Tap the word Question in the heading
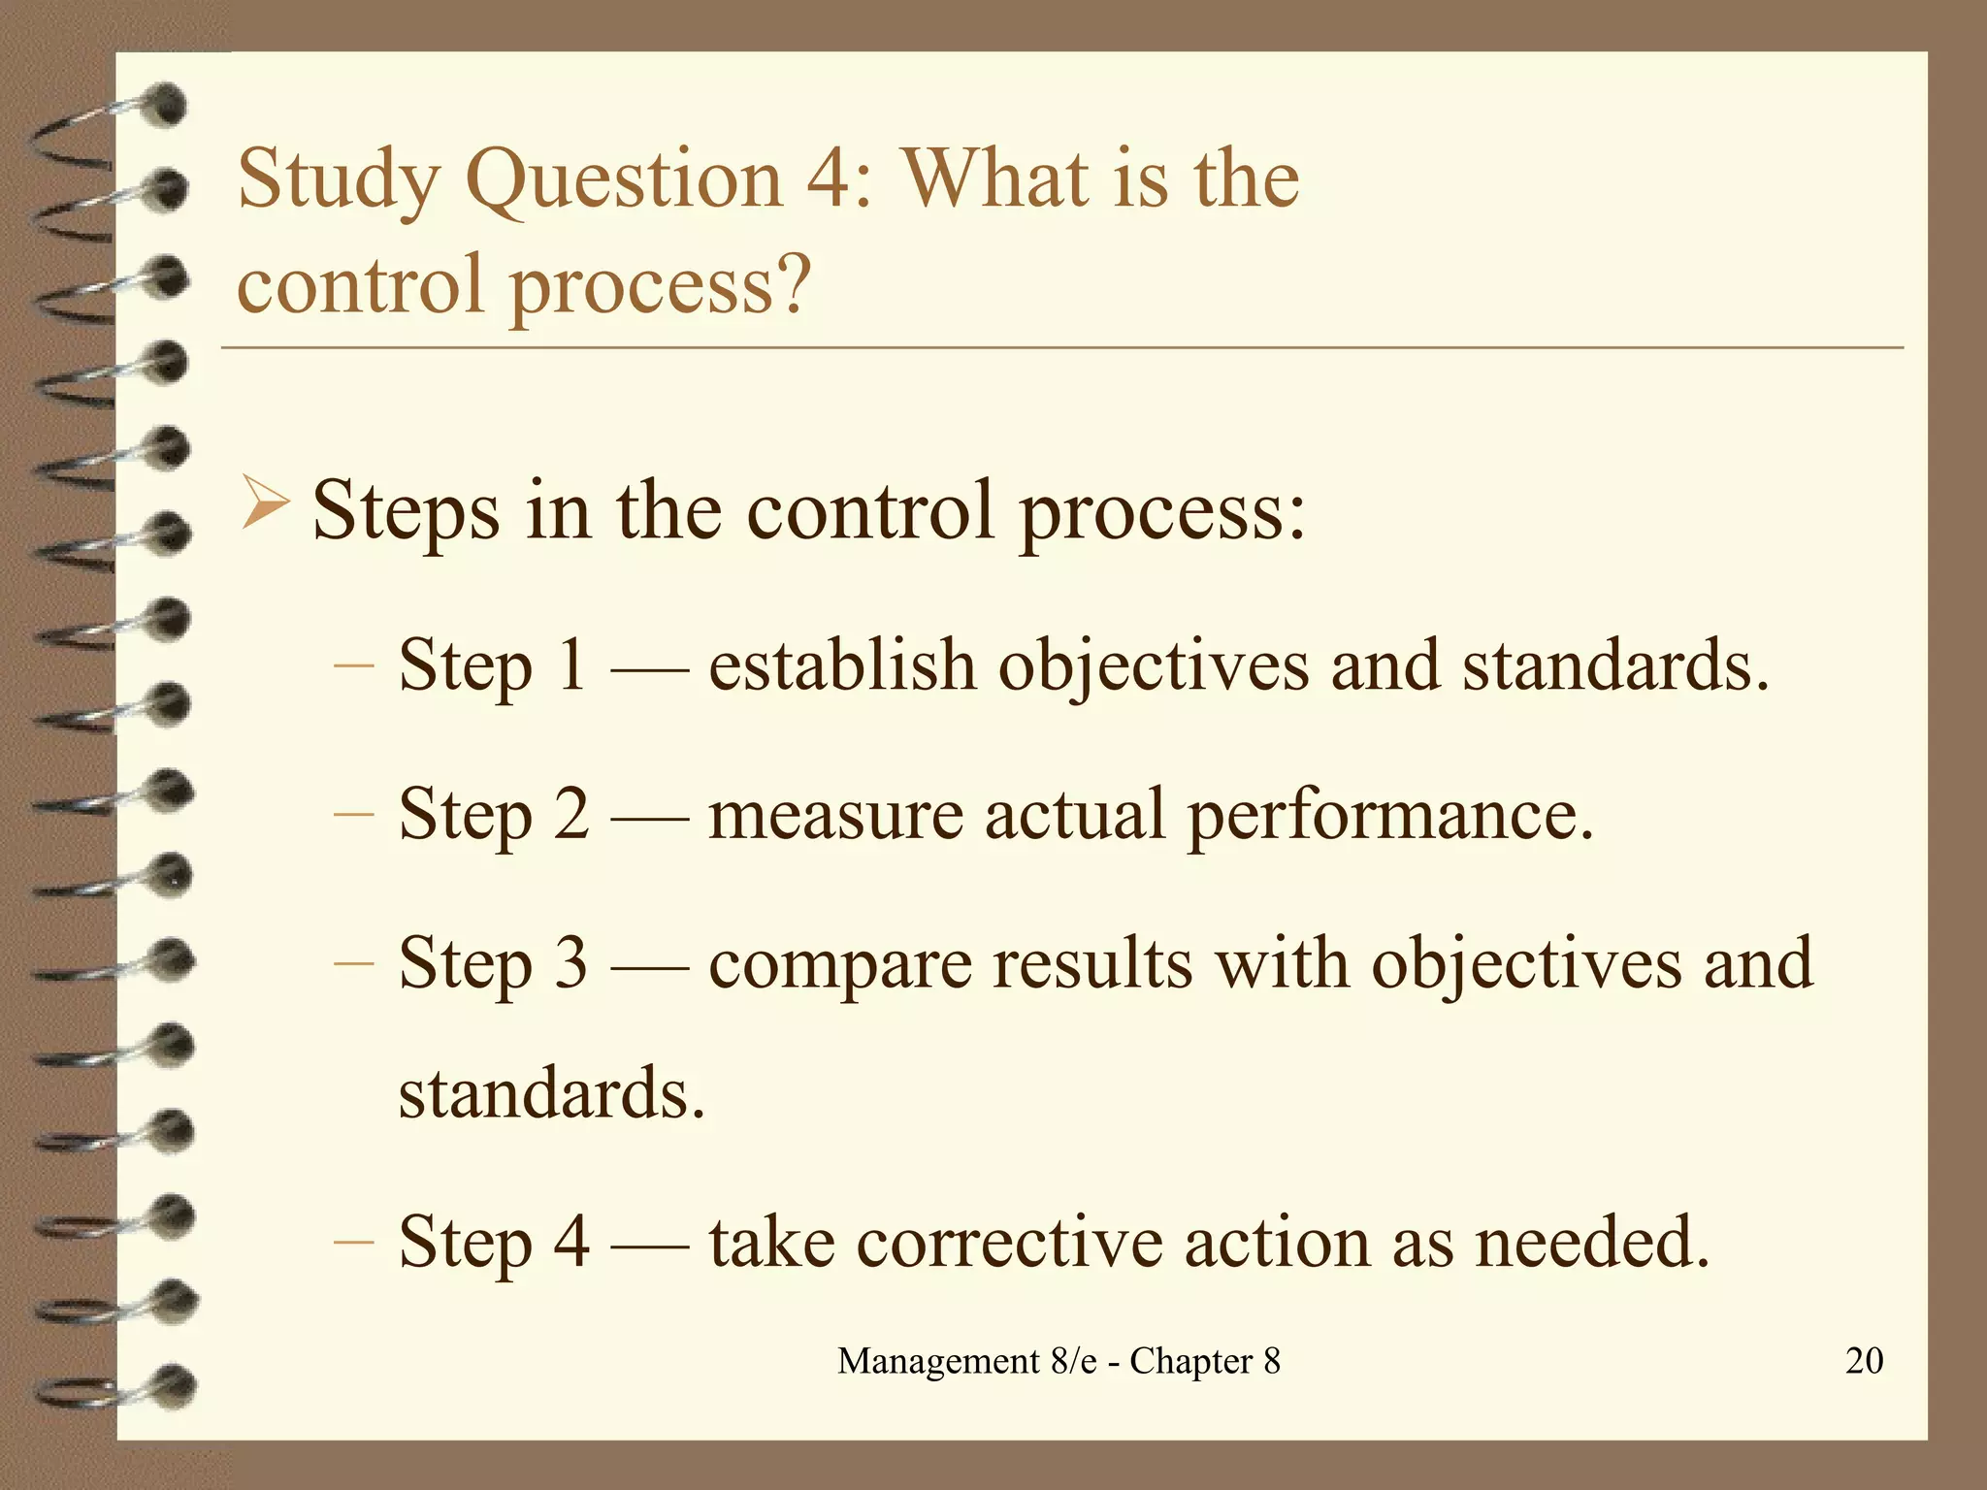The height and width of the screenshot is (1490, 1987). pyautogui.click(x=624, y=180)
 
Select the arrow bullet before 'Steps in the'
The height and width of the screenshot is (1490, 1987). pyautogui.click(x=265, y=504)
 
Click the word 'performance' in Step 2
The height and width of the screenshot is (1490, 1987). pyautogui.click(x=1389, y=814)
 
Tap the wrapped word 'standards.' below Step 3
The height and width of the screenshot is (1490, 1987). pyautogui.click(x=551, y=1093)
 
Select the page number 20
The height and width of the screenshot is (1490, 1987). pyautogui.click(x=1864, y=1361)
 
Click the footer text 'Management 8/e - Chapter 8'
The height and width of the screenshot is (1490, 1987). pyautogui.click(x=1059, y=1361)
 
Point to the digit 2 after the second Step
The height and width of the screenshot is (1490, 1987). pyautogui.click(x=571, y=814)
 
